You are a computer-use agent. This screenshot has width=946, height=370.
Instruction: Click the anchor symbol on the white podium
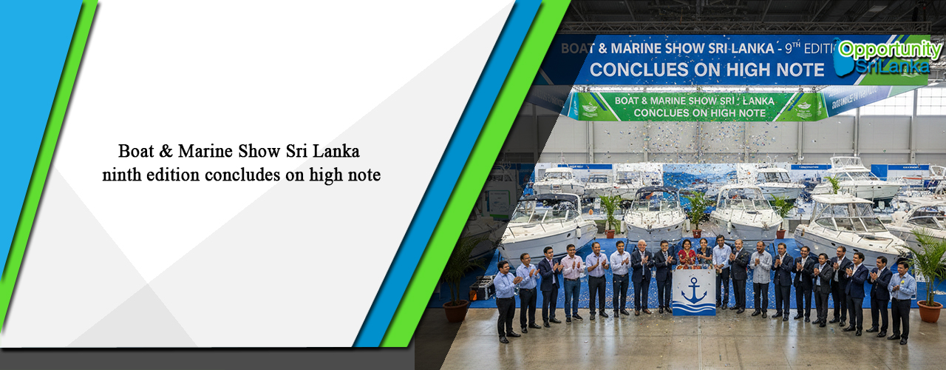[694, 289]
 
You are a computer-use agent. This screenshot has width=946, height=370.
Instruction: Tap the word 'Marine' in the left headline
[208, 152]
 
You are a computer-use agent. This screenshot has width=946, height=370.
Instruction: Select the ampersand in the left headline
[166, 152]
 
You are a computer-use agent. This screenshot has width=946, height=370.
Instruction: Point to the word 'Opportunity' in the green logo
[890, 50]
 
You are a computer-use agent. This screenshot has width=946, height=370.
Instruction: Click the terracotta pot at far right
[928, 312]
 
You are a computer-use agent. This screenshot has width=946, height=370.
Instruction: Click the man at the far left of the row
[506, 300]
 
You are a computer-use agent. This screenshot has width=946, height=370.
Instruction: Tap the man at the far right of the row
[901, 300]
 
